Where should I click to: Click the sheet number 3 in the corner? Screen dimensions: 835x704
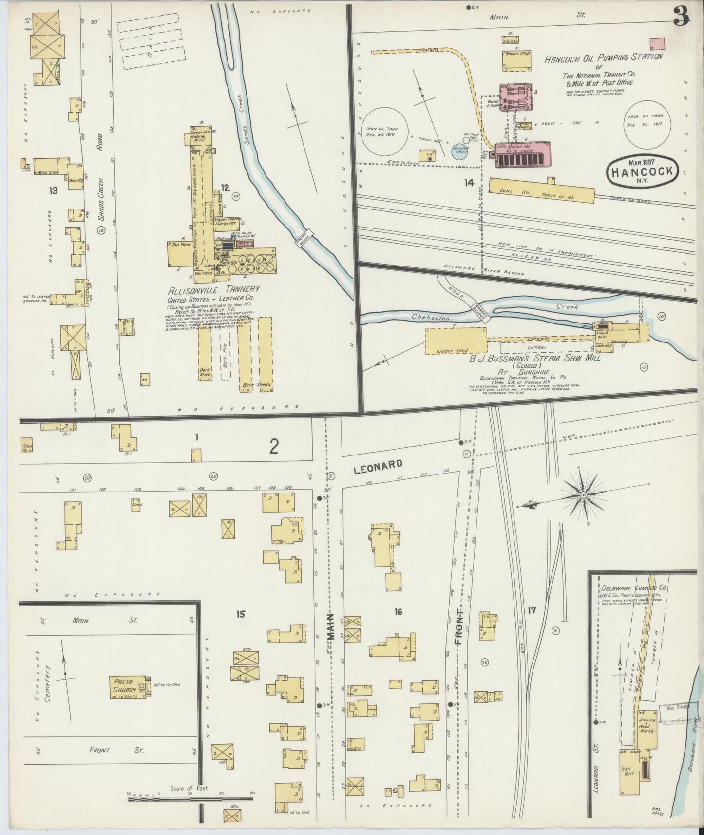tap(681, 18)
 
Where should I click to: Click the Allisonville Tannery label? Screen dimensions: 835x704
tap(213, 289)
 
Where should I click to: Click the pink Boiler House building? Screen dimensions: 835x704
tap(522, 154)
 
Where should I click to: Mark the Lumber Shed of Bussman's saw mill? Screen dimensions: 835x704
tap(456, 341)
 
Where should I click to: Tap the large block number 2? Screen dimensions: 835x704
tap(274, 447)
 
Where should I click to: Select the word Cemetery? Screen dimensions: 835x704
tap(47, 684)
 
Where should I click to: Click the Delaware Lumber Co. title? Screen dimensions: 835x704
tap(634, 588)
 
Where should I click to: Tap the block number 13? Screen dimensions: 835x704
tap(53, 190)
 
